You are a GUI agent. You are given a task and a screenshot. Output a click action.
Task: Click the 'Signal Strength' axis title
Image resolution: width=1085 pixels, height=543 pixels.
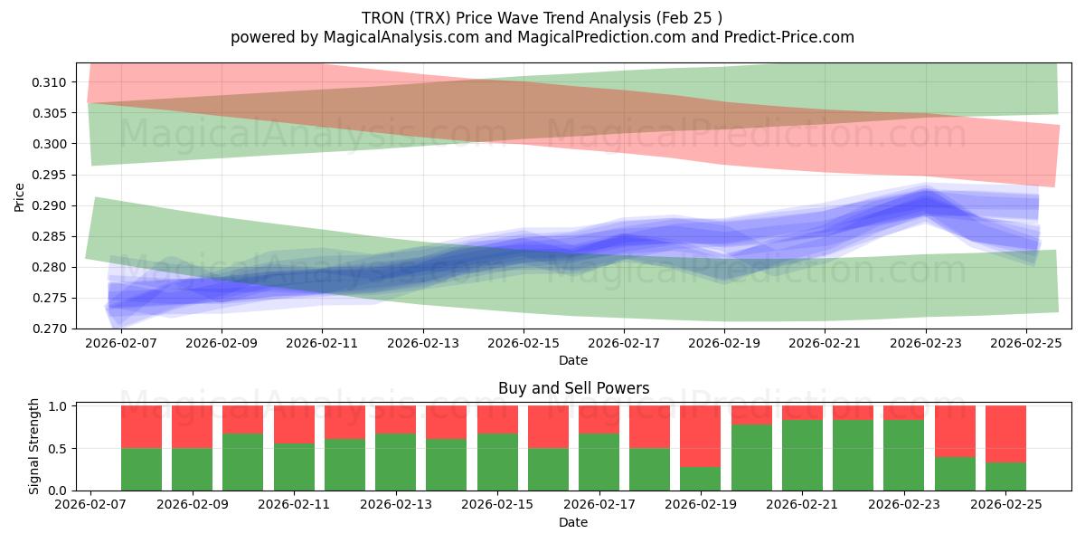(33, 446)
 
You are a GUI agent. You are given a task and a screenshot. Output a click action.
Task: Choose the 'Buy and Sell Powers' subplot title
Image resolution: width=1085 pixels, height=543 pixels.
(573, 388)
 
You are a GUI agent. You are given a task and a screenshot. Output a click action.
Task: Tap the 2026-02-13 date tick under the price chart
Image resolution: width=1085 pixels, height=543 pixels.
(423, 344)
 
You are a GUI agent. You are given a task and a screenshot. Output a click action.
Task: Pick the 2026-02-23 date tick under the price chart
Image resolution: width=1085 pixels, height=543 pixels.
(925, 344)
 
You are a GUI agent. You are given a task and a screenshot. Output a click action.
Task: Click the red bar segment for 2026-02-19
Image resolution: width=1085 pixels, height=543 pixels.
(700, 435)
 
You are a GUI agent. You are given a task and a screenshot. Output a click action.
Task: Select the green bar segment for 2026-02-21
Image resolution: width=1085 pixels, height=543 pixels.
(802, 455)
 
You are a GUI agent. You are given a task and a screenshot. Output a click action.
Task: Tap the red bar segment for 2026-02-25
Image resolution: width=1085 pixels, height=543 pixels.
(1005, 433)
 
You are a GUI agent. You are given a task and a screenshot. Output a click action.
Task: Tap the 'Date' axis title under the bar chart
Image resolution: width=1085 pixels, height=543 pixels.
(573, 522)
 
